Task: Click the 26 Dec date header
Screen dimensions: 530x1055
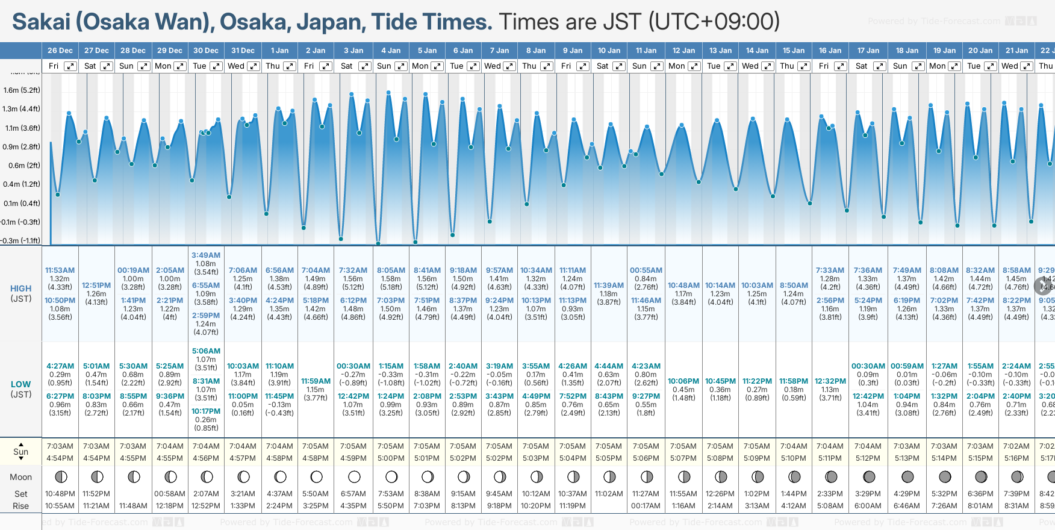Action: point(60,51)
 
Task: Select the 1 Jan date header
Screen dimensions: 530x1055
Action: point(279,51)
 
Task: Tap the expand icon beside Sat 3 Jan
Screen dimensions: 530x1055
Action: point(365,66)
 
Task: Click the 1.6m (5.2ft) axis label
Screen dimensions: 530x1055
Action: point(22,90)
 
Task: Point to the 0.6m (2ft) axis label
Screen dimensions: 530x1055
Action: point(22,166)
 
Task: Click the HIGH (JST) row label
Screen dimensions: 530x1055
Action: point(20,293)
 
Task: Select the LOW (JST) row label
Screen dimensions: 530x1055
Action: point(20,389)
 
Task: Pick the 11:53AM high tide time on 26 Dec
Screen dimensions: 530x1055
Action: point(60,270)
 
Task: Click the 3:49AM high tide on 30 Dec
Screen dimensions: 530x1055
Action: point(206,255)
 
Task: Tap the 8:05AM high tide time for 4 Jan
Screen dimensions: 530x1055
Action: point(391,270)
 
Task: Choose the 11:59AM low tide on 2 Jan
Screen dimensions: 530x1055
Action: point(316,381)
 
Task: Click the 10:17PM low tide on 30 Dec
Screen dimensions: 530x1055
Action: point(206,411)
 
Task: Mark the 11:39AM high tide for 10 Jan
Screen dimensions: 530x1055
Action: point(609,285)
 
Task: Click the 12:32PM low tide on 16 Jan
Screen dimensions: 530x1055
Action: point(830,381)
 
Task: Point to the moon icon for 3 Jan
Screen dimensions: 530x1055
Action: point(354,477)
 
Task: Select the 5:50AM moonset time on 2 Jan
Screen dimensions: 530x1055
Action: point(316,494)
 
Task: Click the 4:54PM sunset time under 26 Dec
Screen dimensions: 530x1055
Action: point(60,458)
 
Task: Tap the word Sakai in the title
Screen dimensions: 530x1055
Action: point(42,22)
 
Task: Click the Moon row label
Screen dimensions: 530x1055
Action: point(20,477)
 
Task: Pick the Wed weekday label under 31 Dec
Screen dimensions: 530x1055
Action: point(236,66)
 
